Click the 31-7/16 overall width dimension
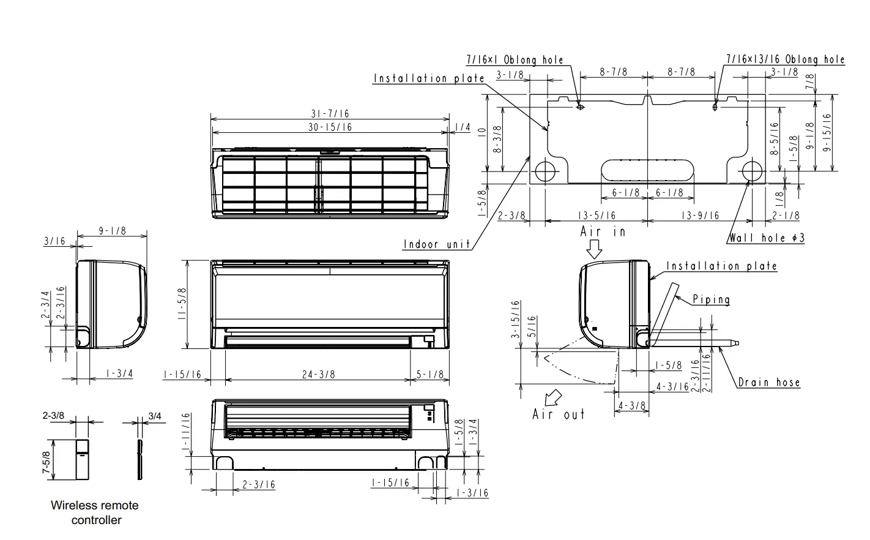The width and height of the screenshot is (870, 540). coord(329,114)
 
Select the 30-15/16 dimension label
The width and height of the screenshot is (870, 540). coord(329,127)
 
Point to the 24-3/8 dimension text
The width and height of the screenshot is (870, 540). coord(318,374)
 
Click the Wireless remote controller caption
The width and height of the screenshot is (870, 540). coord(95,513)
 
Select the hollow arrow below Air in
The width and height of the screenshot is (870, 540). coord(594,249)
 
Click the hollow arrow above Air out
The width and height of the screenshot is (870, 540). coord(554,397)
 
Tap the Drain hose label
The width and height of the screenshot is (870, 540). coord(768,383)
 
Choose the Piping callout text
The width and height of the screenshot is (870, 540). coord(711,299)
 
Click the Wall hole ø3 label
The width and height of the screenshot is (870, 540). coord(765,238)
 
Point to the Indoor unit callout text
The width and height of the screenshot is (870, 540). coord(437,244)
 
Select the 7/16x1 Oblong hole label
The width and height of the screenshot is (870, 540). coord(515,60)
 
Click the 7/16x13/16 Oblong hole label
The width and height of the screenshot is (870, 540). coord(785,59)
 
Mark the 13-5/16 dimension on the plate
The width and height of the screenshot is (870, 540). coord(597,216)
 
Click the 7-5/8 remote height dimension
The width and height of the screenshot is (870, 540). coord(46,460)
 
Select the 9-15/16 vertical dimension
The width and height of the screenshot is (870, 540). coord(827,133)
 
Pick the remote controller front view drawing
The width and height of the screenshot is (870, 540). coord(81,460)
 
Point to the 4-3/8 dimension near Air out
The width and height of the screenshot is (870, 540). coord(632,406)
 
